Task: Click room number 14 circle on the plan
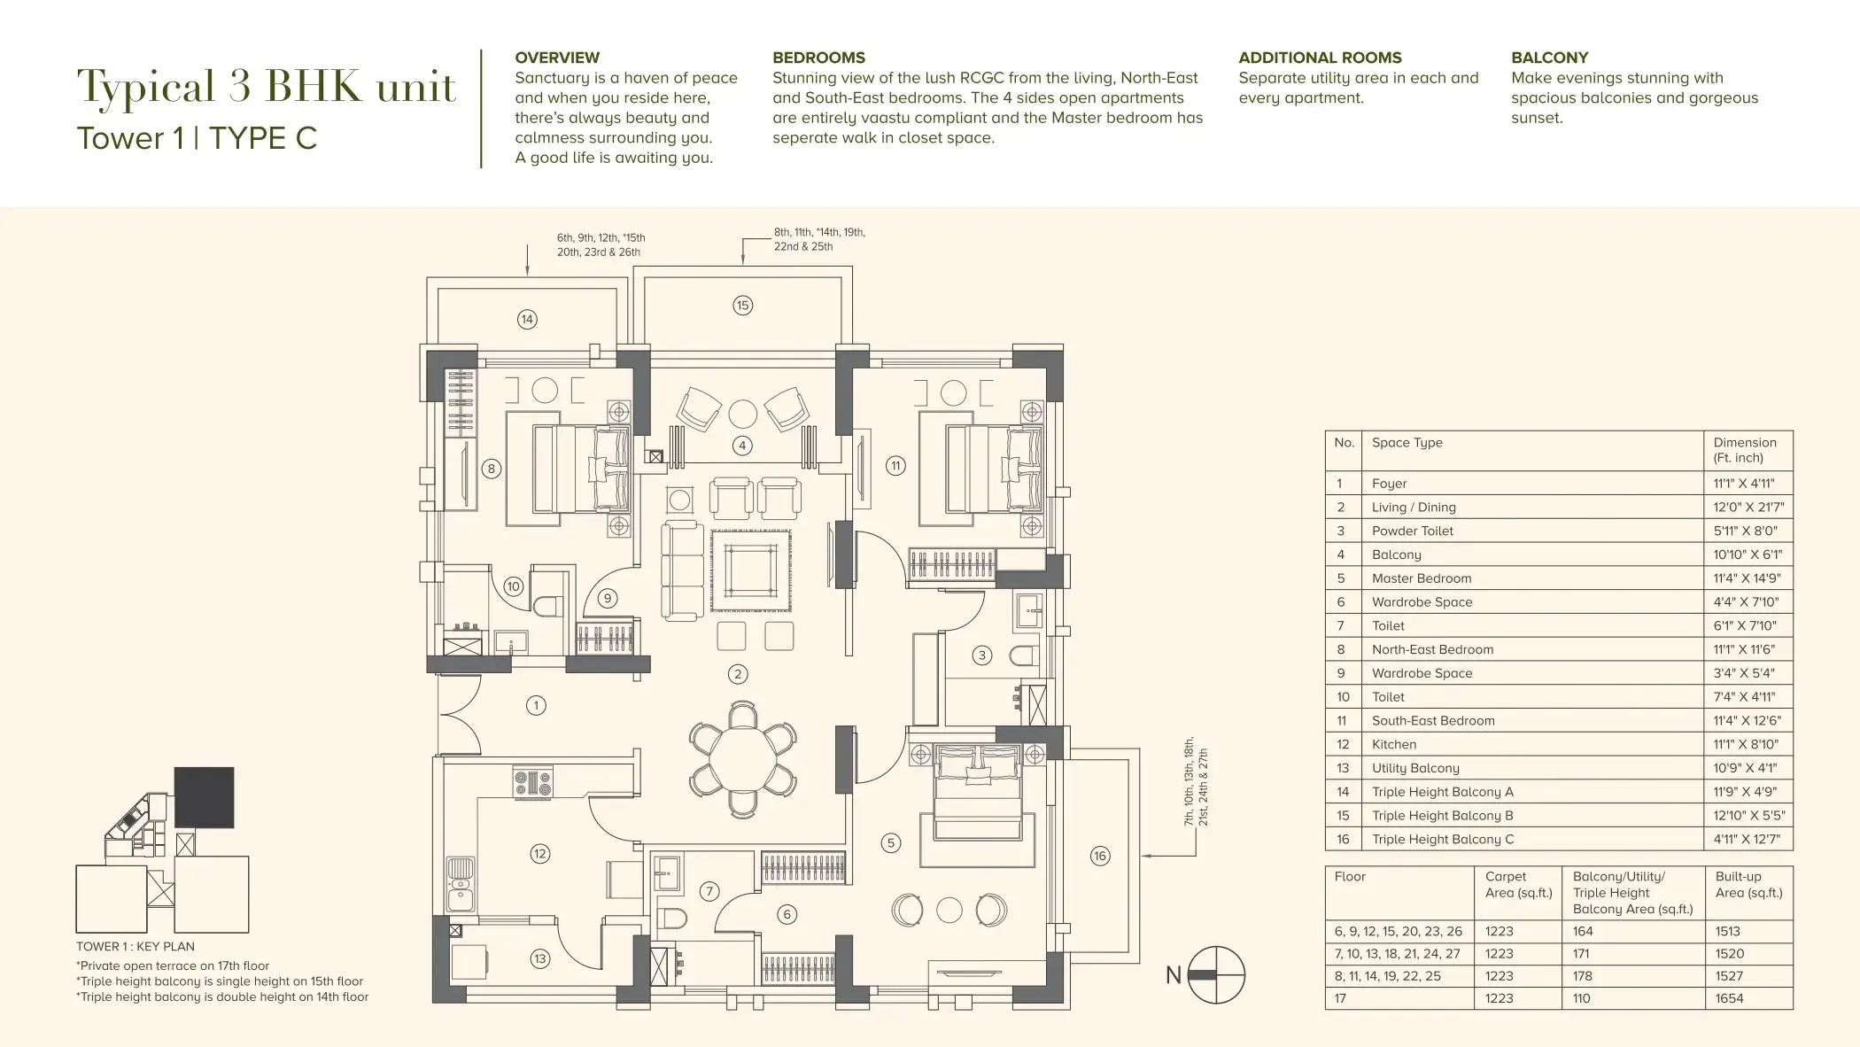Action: click(x=527, y=319)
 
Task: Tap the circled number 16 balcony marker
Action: click(x=1100, y=856)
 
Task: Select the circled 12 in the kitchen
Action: click(x=539, y=854)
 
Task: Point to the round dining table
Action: click(x=742, y=757)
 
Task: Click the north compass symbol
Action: click(x=1216, y=974)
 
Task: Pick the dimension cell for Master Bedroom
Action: click(x=1747, y=578)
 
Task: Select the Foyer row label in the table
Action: click(x=1389, y=484)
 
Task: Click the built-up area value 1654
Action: click(x=1729, y=998)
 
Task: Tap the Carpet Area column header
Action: click(x=1518, y=884)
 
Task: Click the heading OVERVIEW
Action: click(x=557, y=58)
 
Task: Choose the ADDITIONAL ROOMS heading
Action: click(x=1320, y=58)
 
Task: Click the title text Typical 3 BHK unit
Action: click(x=266, y=88)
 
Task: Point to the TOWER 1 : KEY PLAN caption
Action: click(x=136, y=946)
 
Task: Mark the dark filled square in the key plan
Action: click(x=205, y=797)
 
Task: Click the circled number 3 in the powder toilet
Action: click(x=981, y=655)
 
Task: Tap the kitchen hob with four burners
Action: click(x=533, y=783)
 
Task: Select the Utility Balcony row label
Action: click(x=1415, y=768)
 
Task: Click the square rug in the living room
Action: click(x=751, y=570)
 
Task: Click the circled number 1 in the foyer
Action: click(x=536, y=706)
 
